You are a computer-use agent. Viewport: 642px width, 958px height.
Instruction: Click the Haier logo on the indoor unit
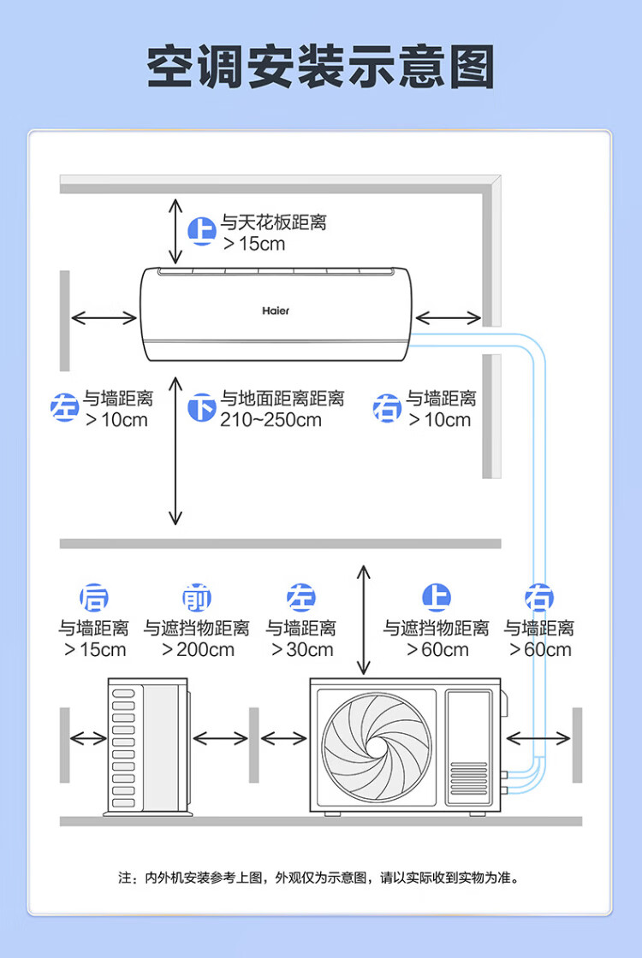tap(276, 310)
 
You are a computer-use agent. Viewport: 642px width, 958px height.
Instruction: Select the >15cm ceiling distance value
tap(254, 243)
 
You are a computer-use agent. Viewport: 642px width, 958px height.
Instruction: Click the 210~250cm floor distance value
tap(270, 420)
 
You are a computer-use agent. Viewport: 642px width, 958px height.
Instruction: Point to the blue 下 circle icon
tap(202, 407)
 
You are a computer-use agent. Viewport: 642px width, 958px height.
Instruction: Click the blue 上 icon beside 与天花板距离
tap(202, 231)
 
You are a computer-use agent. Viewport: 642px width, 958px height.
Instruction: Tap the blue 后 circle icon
tap(94, 597)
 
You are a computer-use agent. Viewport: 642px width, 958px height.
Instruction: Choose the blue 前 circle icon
tap(197, 597)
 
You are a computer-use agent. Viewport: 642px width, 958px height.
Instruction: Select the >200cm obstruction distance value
tap(198, 649)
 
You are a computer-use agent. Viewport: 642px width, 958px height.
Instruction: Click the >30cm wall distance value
tap(302, 649)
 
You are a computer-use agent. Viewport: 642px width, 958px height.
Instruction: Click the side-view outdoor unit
tap(148, 747)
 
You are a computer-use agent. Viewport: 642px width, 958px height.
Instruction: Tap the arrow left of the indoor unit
tap(104, 317)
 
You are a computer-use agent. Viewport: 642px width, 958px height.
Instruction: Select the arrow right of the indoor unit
tap(449, 317)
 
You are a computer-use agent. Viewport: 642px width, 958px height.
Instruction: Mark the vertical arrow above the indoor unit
tap(175, 231)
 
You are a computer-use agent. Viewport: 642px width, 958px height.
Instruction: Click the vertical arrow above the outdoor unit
tap(364, 619)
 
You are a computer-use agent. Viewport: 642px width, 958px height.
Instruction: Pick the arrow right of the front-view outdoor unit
tap(538, 739)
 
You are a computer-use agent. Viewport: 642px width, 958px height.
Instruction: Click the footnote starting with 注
tap(318, 878)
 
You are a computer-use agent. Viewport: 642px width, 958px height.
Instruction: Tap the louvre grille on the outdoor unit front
tap(469, 778)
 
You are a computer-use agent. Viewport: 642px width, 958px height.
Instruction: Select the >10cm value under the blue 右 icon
tap(440, 420)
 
